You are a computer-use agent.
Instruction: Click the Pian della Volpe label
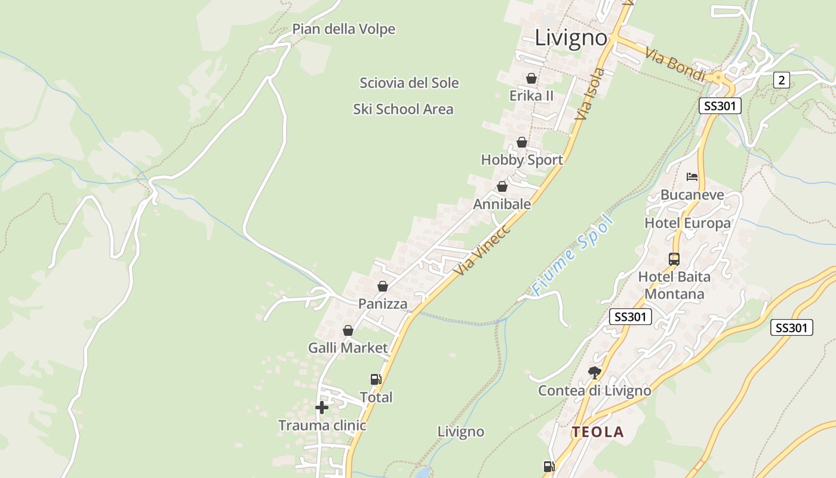pos(343,29)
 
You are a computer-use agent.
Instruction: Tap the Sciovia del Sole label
pos(409,82)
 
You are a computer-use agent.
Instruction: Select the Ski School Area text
pos(403,109)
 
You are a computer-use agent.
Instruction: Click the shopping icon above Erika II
pos(531,78)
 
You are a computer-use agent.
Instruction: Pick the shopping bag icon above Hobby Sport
pos(522,142)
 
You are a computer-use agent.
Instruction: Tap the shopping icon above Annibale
pos(502,186)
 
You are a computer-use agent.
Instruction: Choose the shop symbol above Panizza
pos(383,286)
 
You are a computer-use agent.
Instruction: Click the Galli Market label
pos(348,348)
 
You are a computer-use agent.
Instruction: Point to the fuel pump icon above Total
pos(376,379)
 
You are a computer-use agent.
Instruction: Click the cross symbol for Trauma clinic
pos(322,407)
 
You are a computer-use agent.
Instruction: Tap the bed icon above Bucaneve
pos(692,176)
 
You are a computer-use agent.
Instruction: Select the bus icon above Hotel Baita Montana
pos(674,259)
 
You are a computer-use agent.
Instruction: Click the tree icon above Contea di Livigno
pos(594,373)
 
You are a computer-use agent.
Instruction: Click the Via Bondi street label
pos(675,62)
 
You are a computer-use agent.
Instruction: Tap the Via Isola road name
pos(590,94)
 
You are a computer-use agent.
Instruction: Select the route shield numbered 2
pos(782,79)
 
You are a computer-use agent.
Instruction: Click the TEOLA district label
pos(598,432)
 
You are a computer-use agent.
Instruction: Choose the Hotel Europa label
pos(687,223)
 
